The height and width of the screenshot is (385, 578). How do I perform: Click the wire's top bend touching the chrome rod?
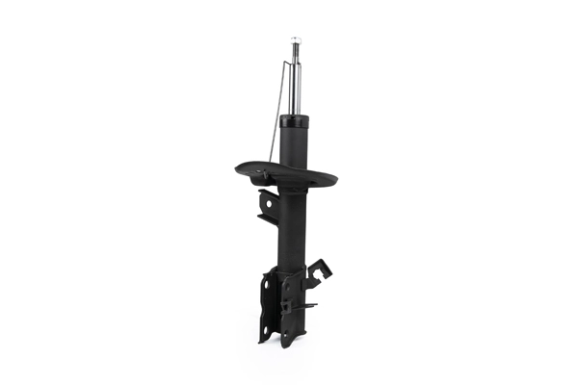click(288, 62)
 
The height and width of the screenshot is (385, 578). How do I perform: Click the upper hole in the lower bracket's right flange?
click(286, 289)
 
